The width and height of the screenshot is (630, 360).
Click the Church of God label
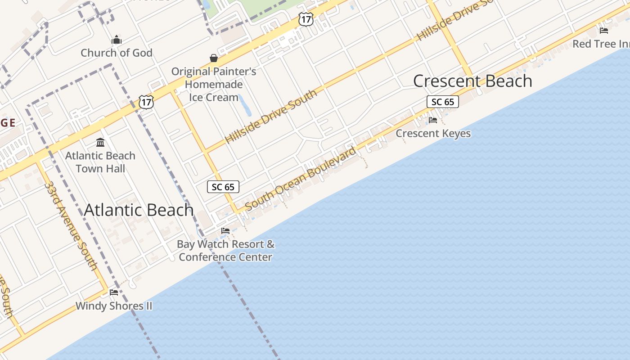pos(117,53)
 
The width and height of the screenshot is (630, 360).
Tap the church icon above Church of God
pos(117,40)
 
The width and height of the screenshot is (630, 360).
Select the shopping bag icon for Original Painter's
pos(214,58)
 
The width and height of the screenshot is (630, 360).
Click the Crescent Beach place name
pos(472,81)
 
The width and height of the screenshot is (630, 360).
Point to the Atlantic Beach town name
pos(139,210)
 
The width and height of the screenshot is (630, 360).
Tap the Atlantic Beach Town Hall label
pos(100,162)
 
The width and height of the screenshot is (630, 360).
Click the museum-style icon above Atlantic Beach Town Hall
pos(100,143)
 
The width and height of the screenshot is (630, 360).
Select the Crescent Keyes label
pos(433,133)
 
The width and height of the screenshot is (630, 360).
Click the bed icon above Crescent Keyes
pos(433,120)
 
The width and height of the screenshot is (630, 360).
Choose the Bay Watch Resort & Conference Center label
pos(225,251)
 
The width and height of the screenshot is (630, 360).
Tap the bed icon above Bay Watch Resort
pos(225,231)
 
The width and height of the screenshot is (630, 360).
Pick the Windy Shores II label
pos(114,306)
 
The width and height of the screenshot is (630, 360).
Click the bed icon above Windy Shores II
pos(114,292)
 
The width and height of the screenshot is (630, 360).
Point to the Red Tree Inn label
pos(601,44)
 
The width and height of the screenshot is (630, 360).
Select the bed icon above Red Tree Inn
pos(604,31)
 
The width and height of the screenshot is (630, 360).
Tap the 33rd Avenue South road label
pos(71,225)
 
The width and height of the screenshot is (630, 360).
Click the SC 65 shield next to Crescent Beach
pos(443,102)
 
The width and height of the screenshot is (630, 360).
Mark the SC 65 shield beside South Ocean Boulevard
pos(223,187)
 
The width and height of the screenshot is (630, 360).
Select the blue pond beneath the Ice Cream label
pos(245,105)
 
